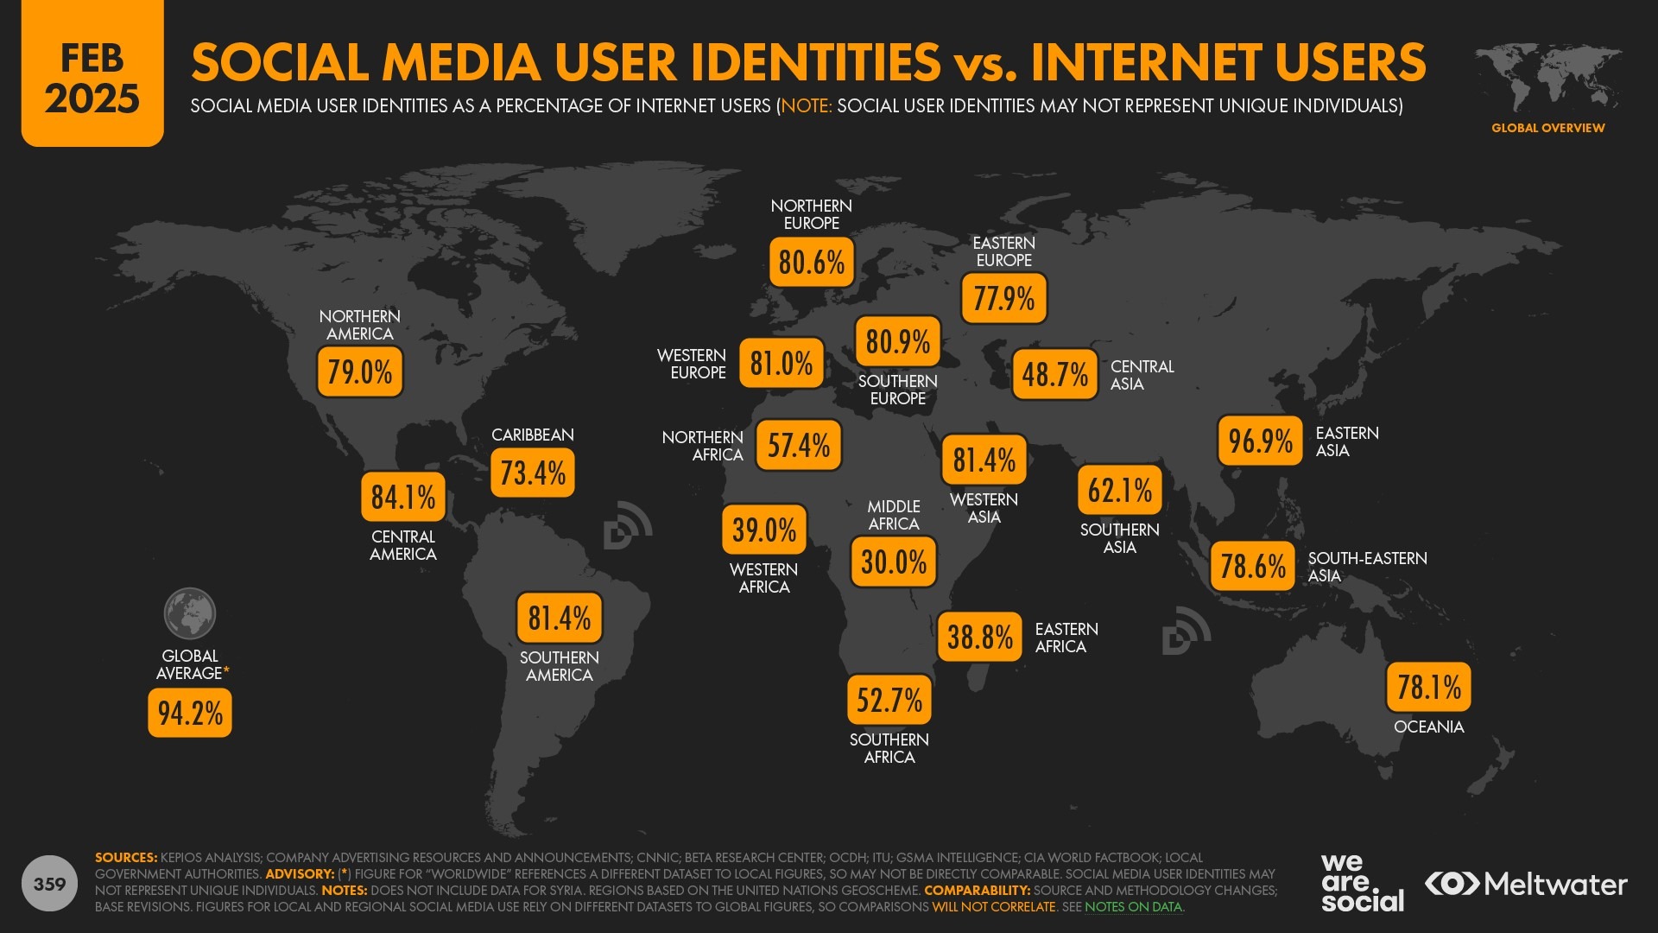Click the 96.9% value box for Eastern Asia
[x=1260, y=441]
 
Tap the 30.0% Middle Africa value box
[x=894, y=562]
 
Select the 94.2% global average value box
[x=190, y=713]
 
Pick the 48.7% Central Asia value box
[x=1054, y=374]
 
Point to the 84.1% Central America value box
[x=403, y=497]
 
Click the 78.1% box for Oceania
[x=1428, y=687]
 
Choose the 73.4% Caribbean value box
[x=533, y=473]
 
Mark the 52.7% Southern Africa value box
[x=889, y=700]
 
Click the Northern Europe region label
[x=811, y=214]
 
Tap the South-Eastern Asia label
[x=1367, y=567]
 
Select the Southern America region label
[x=559, y=666]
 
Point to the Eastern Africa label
[x=1066, y=638]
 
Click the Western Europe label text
[x=692, y=364]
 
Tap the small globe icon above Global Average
[x=190, y=613]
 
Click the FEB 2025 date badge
[x=92, y=78]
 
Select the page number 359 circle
[x=49, y=884]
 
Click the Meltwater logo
[x=1526, y=884]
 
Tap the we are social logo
[x=1362, y=882]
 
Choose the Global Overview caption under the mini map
[x=1547, y=128]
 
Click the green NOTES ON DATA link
[x=1133, y=907]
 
